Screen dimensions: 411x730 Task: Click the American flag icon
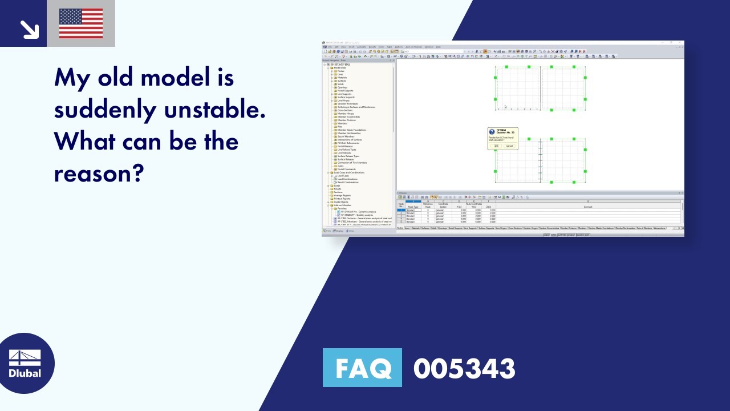81,23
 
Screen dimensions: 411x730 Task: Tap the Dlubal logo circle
25,364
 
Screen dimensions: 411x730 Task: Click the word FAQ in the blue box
362,368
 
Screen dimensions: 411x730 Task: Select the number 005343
464,368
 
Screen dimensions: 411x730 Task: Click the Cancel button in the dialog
509,146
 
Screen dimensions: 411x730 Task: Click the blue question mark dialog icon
492,131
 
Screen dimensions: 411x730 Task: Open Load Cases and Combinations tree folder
349,172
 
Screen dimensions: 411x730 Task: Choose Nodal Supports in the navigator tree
345,91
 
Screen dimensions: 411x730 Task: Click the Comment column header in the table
587,207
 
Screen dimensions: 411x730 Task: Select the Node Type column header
413,207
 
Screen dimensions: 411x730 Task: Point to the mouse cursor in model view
505,107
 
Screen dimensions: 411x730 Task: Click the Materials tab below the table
416,228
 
